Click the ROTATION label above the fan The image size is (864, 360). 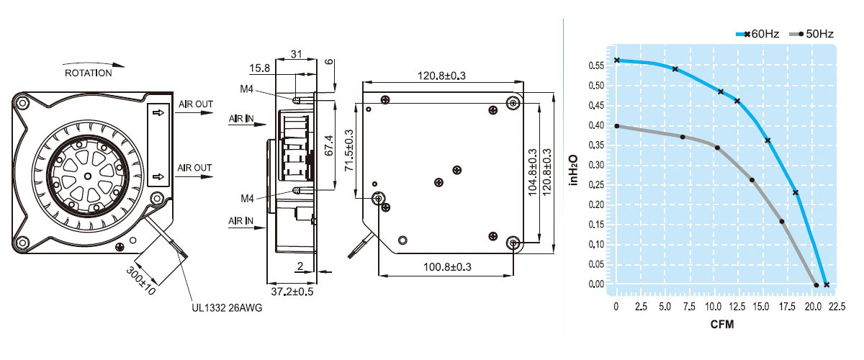(89, 73)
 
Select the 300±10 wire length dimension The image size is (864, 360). (142, 280)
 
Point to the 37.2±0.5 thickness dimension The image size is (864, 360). (292, 292)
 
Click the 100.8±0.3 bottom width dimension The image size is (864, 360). (446, 267)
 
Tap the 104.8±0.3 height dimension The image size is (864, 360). (532, 174)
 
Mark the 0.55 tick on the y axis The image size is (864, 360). (595, 66)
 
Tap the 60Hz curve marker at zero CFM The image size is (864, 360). (617, 60)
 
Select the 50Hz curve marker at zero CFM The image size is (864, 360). (617, 126)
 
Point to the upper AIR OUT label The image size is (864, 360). (195, 105)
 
